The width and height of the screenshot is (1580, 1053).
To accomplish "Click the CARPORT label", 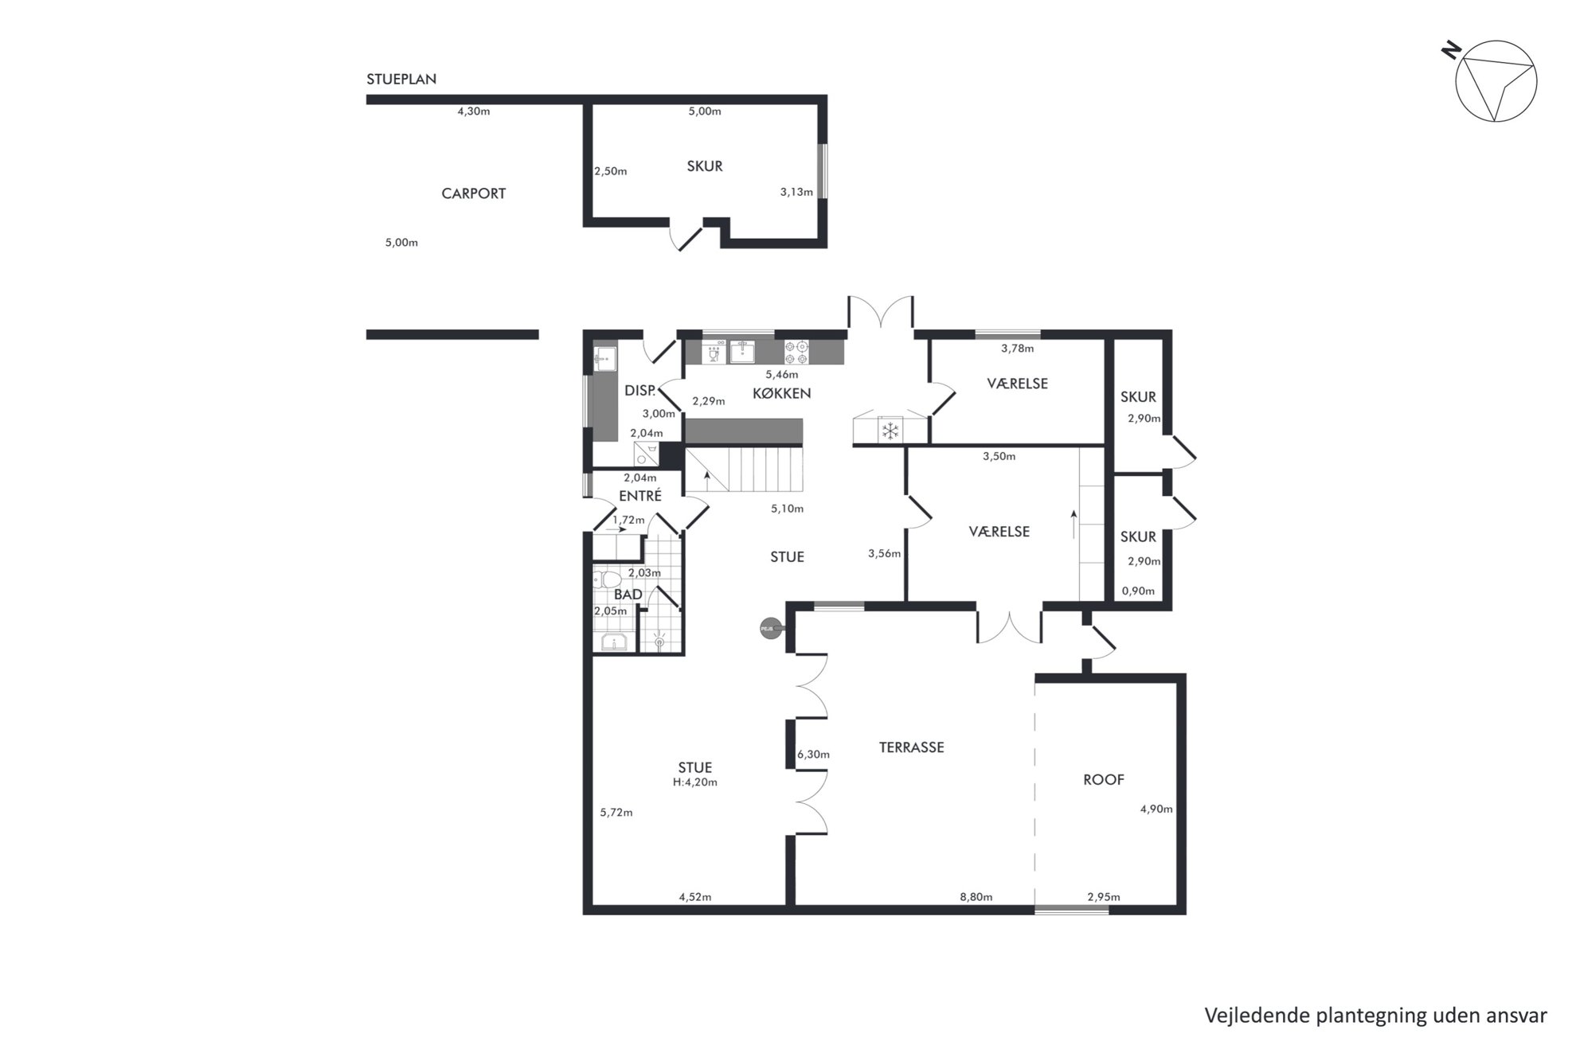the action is point(474,193).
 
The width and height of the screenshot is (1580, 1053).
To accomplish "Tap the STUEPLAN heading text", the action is point(401,80).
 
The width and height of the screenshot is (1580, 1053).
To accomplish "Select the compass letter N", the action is point(1451,50).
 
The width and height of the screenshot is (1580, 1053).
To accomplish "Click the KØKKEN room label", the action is point(782,393).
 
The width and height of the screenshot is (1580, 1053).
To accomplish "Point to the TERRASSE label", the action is point(912,747).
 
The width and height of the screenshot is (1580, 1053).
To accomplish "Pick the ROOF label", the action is point(1104,780).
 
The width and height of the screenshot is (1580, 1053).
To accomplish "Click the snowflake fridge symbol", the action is point(890,431).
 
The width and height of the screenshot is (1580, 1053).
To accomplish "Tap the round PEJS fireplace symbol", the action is point(768,629).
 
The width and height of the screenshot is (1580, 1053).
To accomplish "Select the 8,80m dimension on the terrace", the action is point(976,897).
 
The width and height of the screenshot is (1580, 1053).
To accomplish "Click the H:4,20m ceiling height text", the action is point(695,782).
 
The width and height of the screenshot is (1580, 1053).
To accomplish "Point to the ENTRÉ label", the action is point(640,496).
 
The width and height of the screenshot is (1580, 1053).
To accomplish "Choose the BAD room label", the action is point(628,595).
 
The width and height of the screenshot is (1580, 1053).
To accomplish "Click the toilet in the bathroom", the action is point(609,578).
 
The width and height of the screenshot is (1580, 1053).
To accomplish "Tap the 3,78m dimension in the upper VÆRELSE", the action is point(1018,348).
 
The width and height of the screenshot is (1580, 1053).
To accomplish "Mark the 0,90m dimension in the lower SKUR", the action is point(1138,591).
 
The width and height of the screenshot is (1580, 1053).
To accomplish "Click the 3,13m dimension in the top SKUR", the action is point(796,192).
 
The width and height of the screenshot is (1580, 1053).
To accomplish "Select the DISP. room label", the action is point(640,391).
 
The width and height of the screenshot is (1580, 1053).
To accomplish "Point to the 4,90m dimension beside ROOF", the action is point(1156,809).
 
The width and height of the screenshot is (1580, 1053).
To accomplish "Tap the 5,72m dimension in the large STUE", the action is point(616,813).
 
